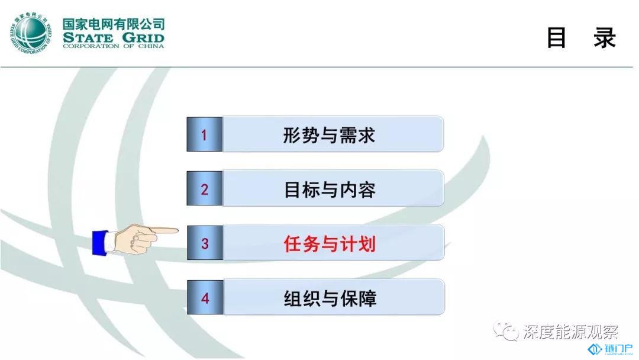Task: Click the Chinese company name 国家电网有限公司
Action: (114, 24)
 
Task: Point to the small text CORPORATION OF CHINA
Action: (114, 46)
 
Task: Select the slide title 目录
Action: (581, 38)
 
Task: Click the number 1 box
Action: (205, 134)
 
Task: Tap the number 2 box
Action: (205, 188)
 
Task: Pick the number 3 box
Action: (205, 243)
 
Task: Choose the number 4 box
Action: (205, 297)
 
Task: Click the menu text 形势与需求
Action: (329, 135)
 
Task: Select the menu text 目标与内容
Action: (330, 189)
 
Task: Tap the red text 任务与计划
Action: (330, 244)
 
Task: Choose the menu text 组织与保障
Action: (330, 298)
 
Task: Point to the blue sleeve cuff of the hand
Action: (99, 243)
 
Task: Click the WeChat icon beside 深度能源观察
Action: (506, 330)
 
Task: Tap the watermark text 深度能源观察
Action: (570, 332)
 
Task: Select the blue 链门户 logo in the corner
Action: (610, 350)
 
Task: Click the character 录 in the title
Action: (604, 38)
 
